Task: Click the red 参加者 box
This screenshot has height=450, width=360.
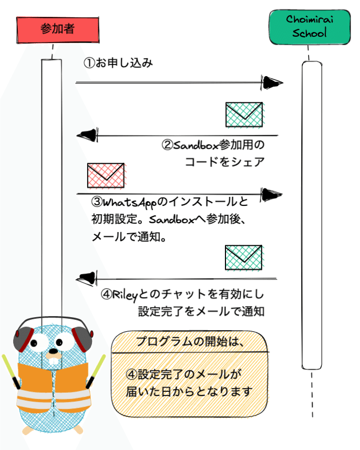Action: pyautogui.click(x=58, y=30)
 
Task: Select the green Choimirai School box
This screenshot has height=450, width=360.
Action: pyautogui.click(x=310, y=27)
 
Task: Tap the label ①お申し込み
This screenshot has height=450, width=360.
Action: pyautogui.click(x=118, y=62)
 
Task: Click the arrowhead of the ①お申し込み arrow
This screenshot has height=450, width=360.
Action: pyautogui.click(x=272, y=82)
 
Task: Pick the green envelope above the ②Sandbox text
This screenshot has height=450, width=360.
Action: pyautogui.click(x=244, y=114)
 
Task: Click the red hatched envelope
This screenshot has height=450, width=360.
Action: pyautogui.click(x=106, y=175)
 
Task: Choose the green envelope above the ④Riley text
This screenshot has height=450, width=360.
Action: pyautogui.click(x=244, y=257)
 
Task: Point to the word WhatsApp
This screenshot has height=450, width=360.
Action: pyautogui.click(x=130, y=203)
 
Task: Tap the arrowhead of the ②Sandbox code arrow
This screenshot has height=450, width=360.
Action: pyautogui.click(x=87, y=135)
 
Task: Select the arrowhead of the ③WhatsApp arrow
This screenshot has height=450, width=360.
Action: pyautogui.click(x=272, y=195)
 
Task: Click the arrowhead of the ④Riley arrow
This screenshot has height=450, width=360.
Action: pyautogui.click(x=87, y=278)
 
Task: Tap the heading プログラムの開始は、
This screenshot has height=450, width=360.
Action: pyautogui.click(x=190, y=341)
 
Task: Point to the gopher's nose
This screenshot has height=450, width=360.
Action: pyautogui.click(x=54, y=351)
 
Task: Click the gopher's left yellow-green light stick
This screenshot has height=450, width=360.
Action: pyautogui.click(x=11, y=372)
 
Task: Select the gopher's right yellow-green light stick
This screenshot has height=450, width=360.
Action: pyautogui.click(x=96, y=371)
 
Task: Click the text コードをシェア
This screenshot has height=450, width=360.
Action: pyautogui.click(x=225, y=162)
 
